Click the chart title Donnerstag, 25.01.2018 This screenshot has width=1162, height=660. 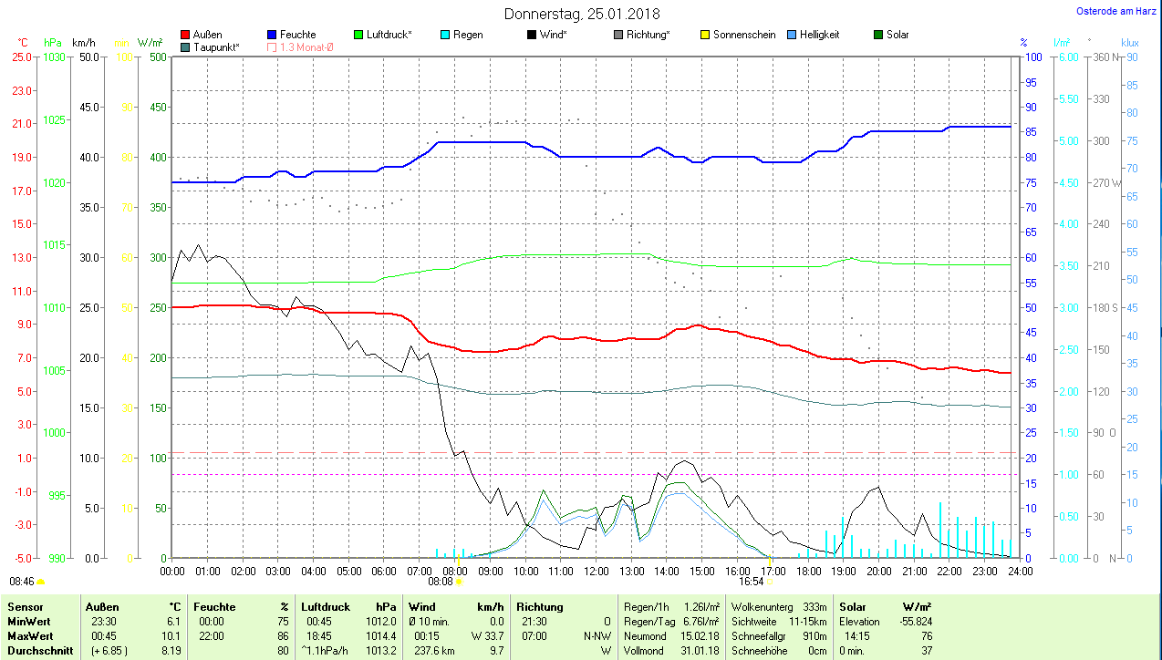(x=582, y=14)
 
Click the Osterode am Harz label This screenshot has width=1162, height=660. (x=1116, y=11)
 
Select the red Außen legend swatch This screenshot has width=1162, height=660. (x=186, y=35)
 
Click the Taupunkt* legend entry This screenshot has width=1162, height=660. (x=216, y=46)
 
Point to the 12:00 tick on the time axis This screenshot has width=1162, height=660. (x=596, y=571)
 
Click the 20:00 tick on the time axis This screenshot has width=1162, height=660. (x=878, y=571)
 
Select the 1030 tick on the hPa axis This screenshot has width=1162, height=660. (x=55, y=57)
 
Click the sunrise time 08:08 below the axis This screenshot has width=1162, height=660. (x=441, y=581)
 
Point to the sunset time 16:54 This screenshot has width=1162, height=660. (x=751, y=581)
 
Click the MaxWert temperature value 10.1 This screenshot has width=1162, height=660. (x=171, y=635)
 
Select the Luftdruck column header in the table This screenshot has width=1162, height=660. (x=326, y=606)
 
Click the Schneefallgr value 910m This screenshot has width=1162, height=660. (x=814, y=635)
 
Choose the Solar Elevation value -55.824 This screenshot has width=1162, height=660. (x=914, y=621)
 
